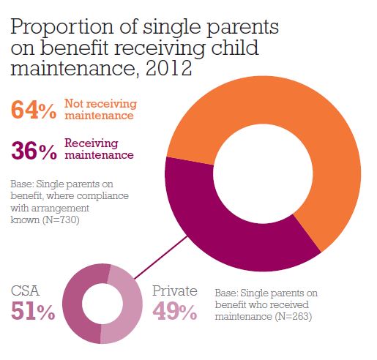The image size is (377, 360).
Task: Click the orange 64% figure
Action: tap(34, 110)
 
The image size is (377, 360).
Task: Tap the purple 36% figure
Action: tap(34, 151)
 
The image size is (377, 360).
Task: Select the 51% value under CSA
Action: tap(33, 311)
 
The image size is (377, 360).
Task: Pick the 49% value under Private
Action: tap(175, 311)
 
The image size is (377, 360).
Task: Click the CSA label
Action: tap(25, 290)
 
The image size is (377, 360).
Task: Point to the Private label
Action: tap(175, 290)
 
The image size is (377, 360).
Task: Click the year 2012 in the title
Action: tap(168, 68)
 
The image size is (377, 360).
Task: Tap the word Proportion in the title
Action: tap(62, 27)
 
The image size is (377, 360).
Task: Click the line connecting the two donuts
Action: tap(161, 257)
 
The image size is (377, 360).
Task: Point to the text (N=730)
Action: tap(61, 220)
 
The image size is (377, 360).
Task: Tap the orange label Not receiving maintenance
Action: tap(100, 110)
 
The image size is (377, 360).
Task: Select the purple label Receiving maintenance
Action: tap(99, 149)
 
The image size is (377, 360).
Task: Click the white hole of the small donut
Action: tap(102, 304)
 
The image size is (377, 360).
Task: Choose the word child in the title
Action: tap(234, 47)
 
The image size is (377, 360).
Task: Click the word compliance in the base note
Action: tap(103, 196)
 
